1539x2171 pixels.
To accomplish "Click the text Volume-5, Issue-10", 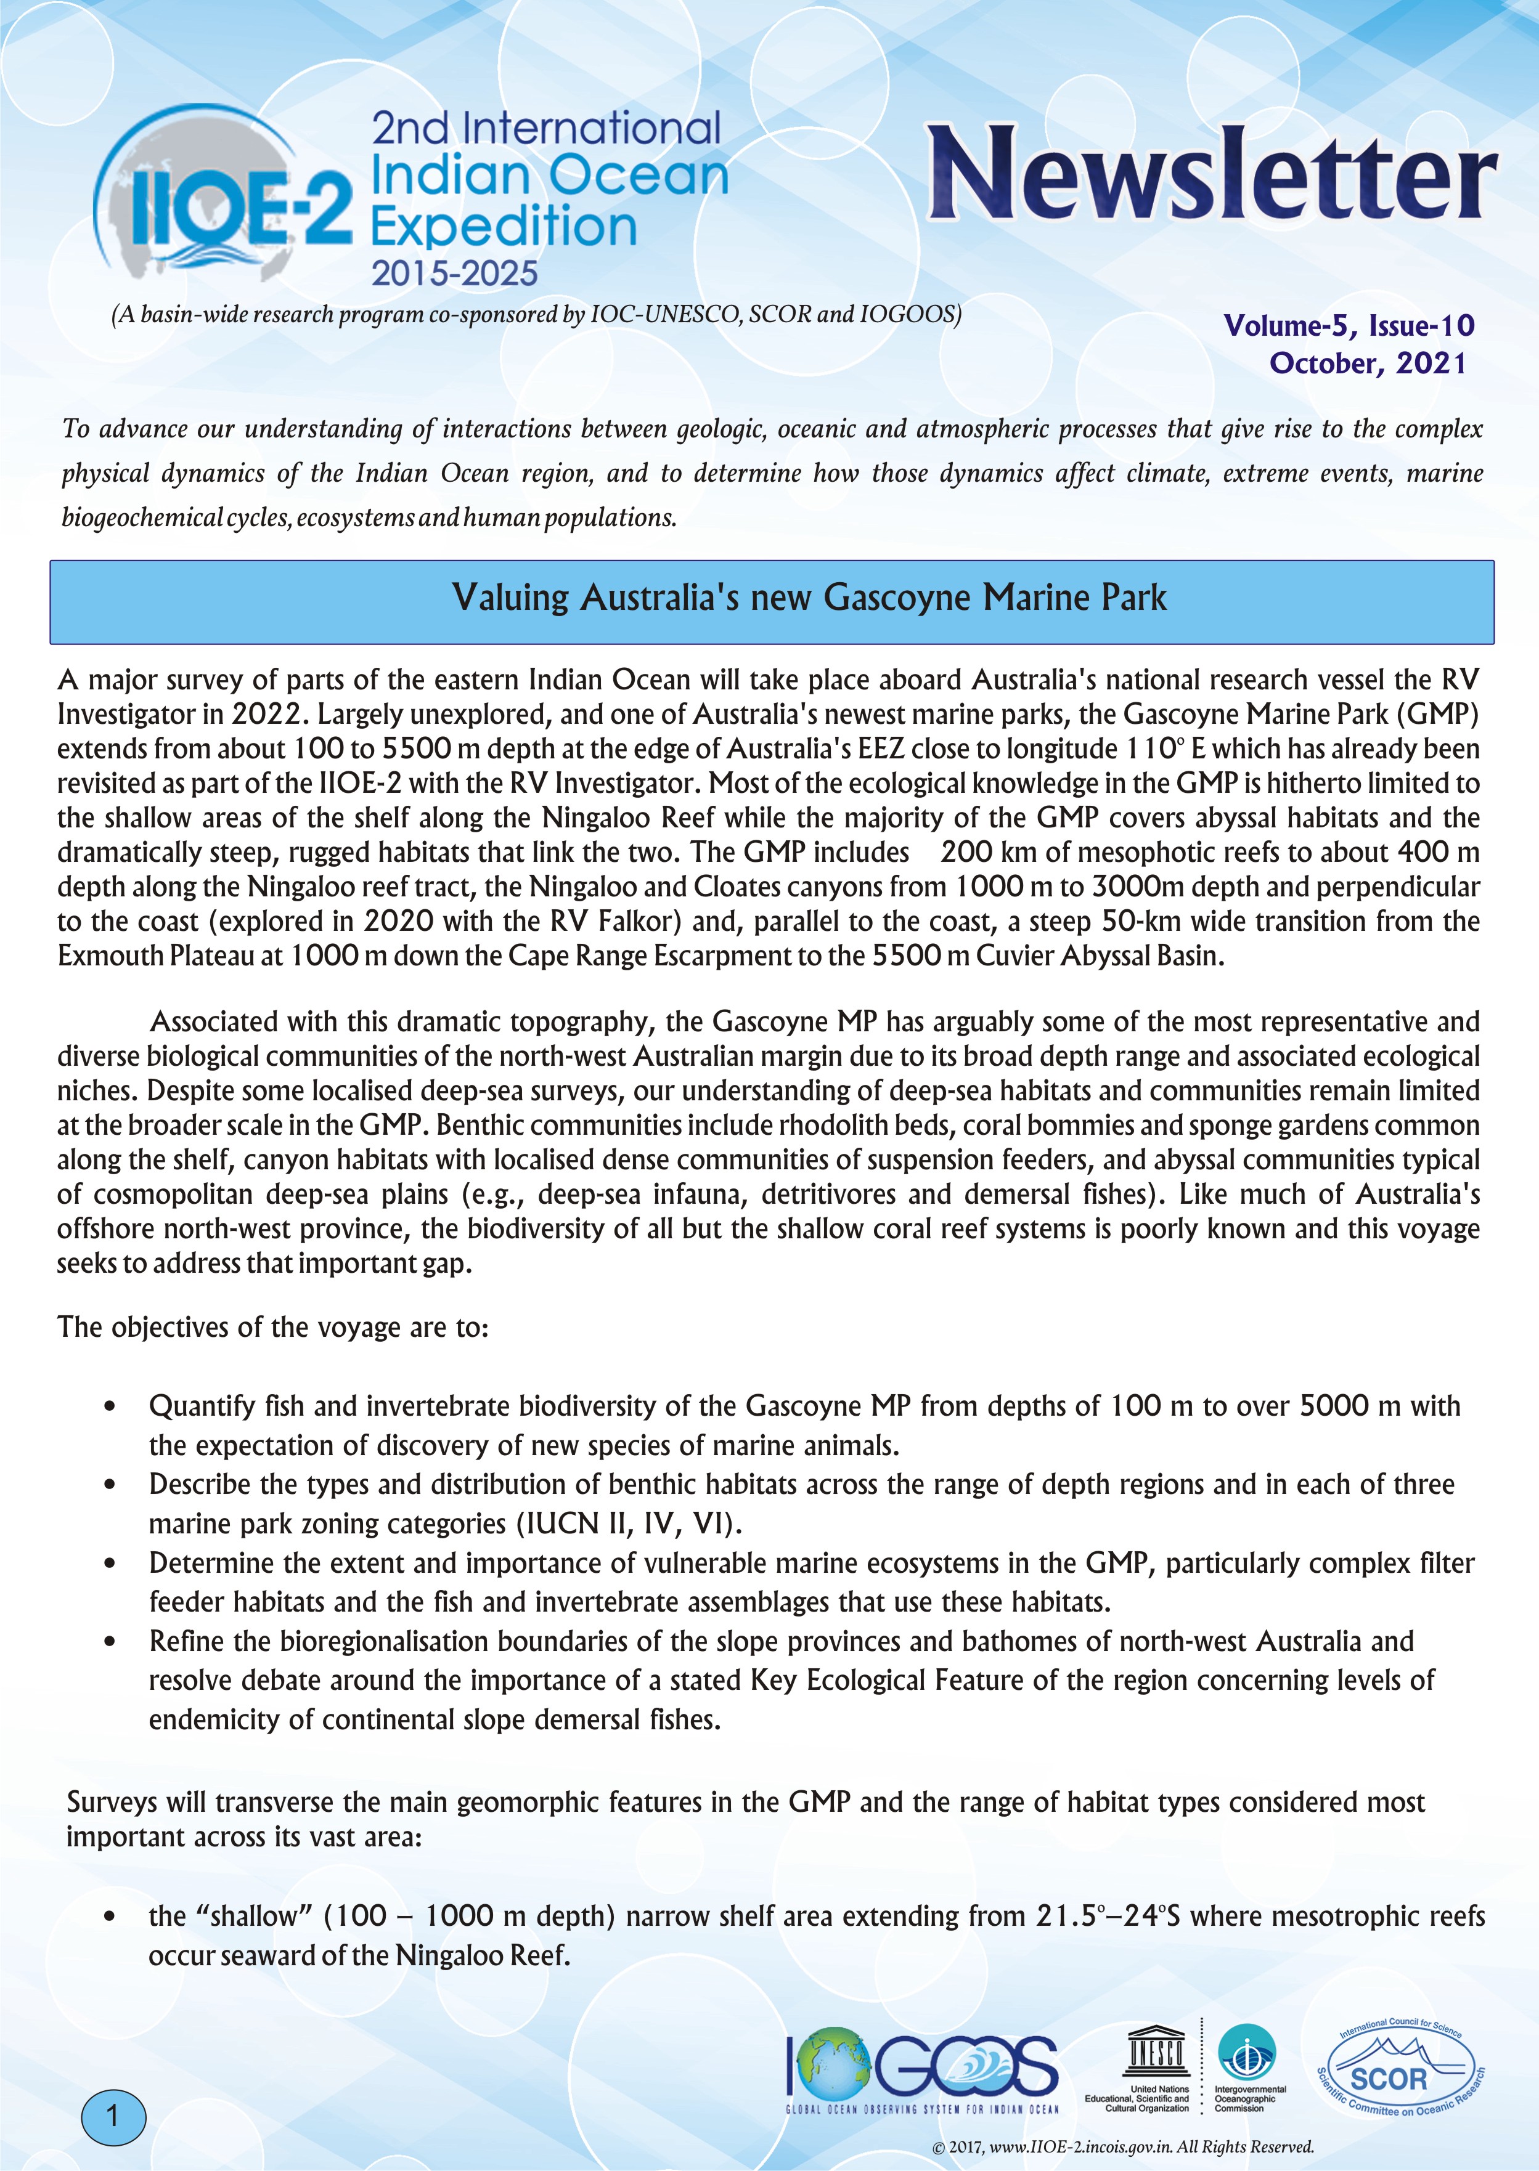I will coord(1349,326).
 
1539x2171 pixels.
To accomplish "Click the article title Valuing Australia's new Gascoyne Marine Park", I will coord(809,598).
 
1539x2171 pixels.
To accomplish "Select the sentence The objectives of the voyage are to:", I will coord(273,1327).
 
